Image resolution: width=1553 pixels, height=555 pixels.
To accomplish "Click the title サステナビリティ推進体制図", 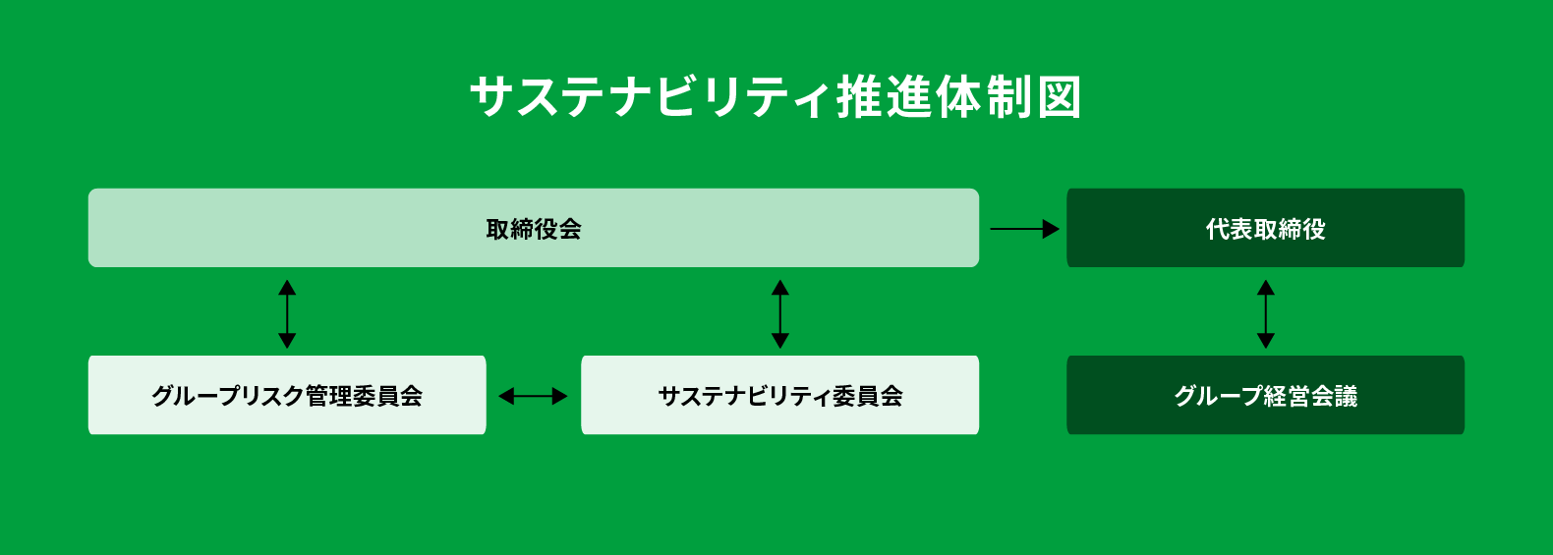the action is (x=776, y=97).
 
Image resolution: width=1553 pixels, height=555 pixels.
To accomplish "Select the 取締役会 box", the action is (x=534, y=228).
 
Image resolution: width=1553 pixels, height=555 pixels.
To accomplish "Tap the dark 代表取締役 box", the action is (x=1265, y=228).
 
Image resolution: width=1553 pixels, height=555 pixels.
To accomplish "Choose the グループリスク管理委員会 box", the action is (x=287, y=395).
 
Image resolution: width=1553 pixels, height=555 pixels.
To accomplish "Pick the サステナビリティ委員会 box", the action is (x=780, y=395).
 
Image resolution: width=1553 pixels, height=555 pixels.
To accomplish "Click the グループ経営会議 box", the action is (x=1265, y=395).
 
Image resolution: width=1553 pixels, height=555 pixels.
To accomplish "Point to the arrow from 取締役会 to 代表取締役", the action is (x=1025, y=229).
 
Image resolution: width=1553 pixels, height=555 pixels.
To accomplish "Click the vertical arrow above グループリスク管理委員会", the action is (x=287, y=314).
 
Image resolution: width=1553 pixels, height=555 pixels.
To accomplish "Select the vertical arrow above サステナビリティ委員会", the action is (x=780, y=314).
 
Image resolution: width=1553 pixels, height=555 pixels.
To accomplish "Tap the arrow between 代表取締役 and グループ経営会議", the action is (x=1266, y=314).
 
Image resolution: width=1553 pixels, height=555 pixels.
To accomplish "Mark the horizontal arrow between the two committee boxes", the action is (x=533, y=396).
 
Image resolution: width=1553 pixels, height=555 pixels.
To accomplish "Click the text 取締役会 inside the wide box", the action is (x=533, y=229).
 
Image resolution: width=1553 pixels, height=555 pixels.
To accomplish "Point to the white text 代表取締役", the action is (x=1265, y=229).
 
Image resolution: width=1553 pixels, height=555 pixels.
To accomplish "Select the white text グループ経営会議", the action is (x=1265, y=396).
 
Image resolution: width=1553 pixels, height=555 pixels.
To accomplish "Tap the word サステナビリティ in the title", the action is (x=651, y=97).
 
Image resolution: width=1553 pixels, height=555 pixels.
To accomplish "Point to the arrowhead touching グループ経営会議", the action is (x=1266, y=341).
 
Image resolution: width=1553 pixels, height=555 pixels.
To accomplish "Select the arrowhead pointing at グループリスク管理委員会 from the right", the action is (x=507, y=396).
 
